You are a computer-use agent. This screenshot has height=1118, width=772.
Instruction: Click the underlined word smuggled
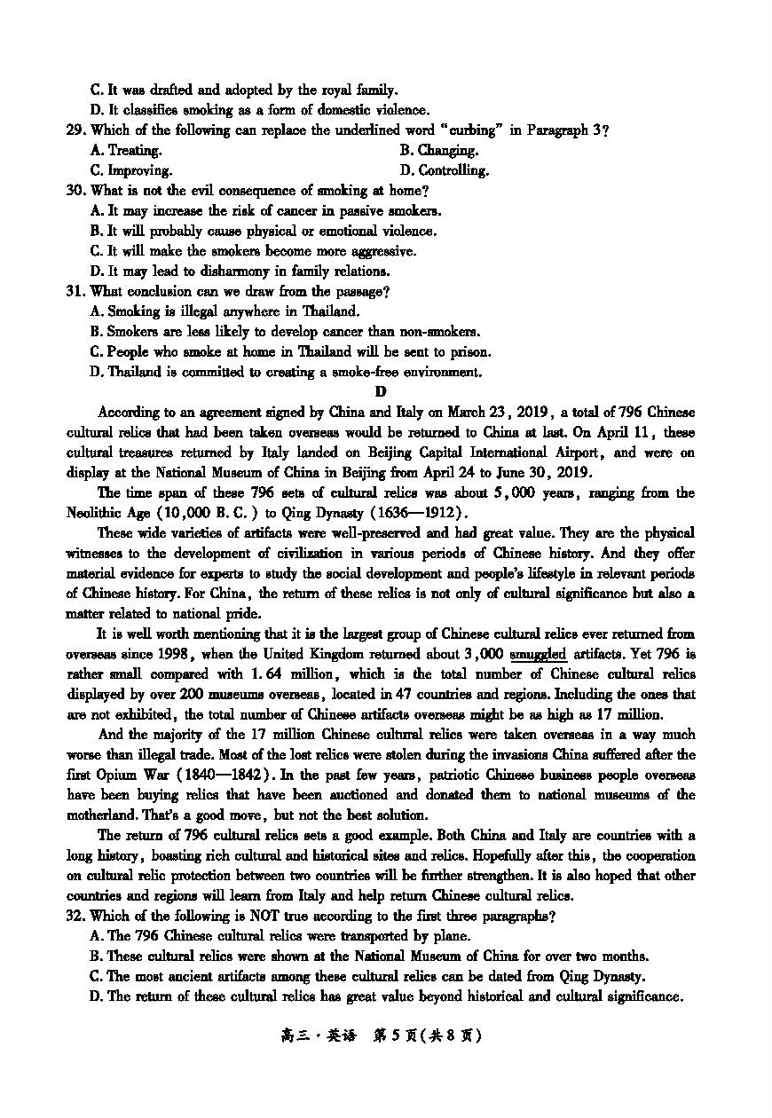[539, 655]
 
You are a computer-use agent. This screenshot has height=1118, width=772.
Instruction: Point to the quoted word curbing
[462, 130]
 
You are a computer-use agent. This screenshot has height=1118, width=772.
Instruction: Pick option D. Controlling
[444, 170]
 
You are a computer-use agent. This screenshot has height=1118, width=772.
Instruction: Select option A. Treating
[126, 151]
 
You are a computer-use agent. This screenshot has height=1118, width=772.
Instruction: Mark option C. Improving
[131, 170]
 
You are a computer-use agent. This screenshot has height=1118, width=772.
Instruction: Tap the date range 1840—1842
[225, 776]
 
